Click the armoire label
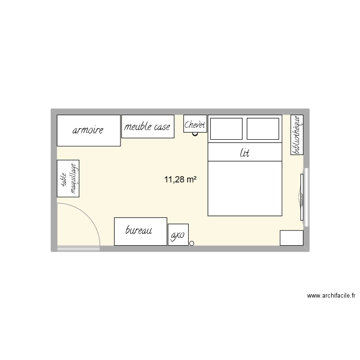pyautogui.click(x=88, y=130)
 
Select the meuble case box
pyautogui.click(x=147, y=127)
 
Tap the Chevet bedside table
pyautogui.click(x=195, y=124)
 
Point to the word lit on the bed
pyautogui.click(x=245, y=153)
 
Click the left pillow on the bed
pyautogui.click(x=226, y=128)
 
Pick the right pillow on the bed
pyautogui.click(x=263, y=128)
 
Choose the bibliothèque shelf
pyautogui.click(x=297, y=135)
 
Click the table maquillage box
pyautogui.click(x=68, y=179)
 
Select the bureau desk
pyautogui.click(x=140, y=231)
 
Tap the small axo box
pyautogui.click(x=178, y=235)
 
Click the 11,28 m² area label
pyautogui.click(x=180, y=180)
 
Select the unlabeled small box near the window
pyautogui.click(x=291, y=238)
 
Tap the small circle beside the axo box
pyautogui.click(x=192, y=243)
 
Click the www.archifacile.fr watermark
pyautogui.click(x=331, y=297)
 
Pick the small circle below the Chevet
pyautogui.click(x=195, y=134)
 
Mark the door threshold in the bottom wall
pyautogui.click(x=78, y=249)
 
